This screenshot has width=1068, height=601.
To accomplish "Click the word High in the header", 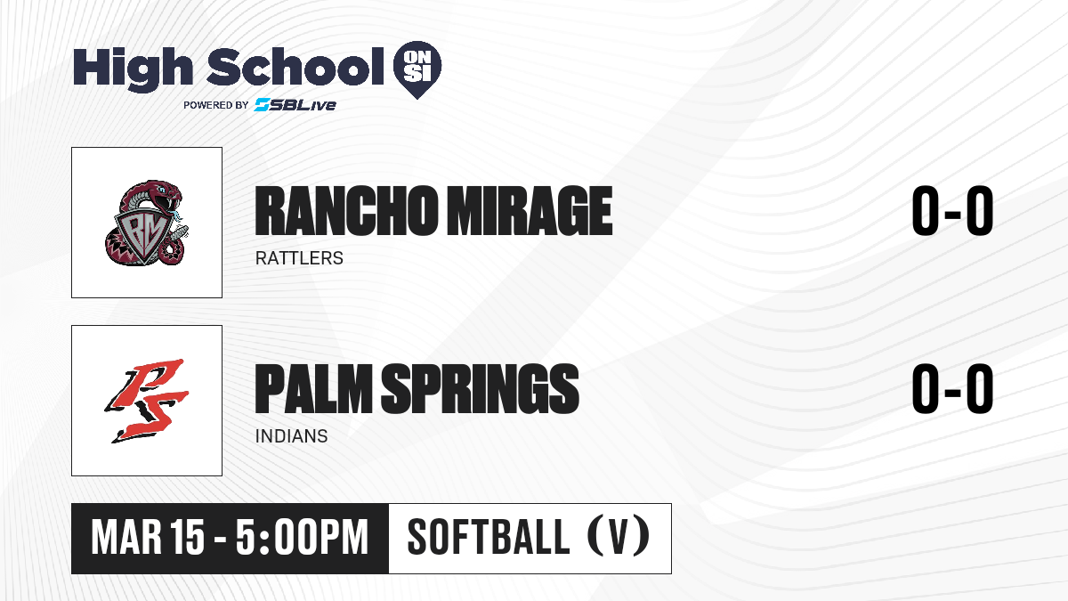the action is click(x=133, y=69).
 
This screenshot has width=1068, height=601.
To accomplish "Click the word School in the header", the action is click(x=295, y=67).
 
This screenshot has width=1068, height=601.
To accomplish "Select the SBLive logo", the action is click(x=295, y=104).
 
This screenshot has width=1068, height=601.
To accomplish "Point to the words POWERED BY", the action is click(x=216, y=105).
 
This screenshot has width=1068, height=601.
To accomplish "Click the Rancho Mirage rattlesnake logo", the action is click(x=147, y=223).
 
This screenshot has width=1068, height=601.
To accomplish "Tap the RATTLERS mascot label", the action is click(x=299, y=258).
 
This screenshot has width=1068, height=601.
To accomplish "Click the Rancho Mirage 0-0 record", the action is click(x=952, y=211).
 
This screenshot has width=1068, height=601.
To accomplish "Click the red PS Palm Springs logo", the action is click(x=147, y=401).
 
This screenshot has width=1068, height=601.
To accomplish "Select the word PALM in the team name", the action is click(x=313, y=388).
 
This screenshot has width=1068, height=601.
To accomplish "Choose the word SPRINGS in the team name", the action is click(x=480, y=388).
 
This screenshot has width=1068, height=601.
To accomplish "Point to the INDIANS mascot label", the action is click(x=292, y=436).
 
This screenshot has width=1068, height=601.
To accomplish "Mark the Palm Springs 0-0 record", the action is click(x=952, y=388).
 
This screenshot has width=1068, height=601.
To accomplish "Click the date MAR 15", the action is click(x=148, y=538).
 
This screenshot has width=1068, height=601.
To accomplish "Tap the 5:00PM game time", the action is click(x=303, y=538).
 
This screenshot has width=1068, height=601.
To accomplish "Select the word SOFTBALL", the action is click(x=489, y=538).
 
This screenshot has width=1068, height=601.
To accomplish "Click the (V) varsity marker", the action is click(x=619, y=538).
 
